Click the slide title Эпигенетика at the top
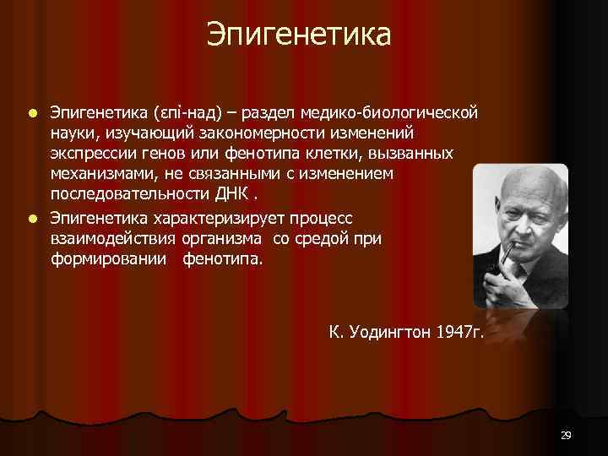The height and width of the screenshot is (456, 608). (299, 35)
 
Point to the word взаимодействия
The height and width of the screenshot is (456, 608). (107, 239)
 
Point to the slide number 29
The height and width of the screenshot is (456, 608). (566, 435)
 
